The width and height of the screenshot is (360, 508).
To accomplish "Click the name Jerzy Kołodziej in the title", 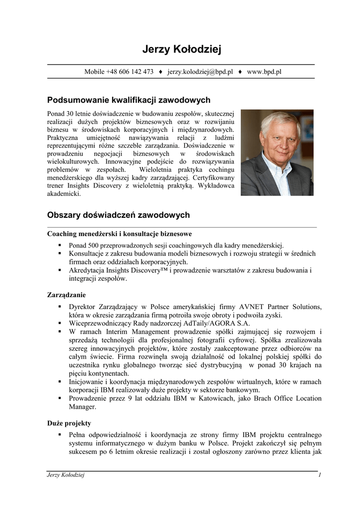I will [181, 50].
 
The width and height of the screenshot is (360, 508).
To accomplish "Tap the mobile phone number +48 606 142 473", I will [130, 71].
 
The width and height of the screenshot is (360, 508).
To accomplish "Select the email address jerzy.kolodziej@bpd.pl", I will [200, 71].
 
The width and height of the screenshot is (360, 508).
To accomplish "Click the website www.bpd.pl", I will [264, 71].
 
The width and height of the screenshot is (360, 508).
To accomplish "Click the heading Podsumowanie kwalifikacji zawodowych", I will [129, 100].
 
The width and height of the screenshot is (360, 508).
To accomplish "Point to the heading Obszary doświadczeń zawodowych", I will [118, 215].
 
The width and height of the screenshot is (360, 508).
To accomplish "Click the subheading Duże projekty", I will [69, 423].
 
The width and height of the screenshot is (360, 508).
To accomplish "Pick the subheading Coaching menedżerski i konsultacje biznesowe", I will [119, 234].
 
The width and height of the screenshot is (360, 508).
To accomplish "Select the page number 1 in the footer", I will [320, 475].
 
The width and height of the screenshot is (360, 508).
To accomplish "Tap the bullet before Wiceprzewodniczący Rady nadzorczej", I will [60, 323].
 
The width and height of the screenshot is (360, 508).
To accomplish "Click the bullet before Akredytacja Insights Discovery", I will [60, 270].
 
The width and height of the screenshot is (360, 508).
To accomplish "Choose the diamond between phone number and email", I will [160, 71].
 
